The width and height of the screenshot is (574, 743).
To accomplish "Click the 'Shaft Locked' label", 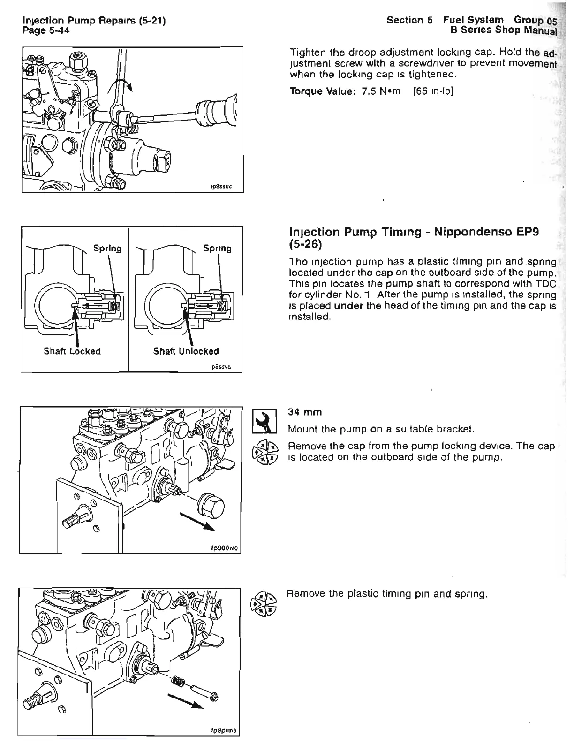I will [72, 351].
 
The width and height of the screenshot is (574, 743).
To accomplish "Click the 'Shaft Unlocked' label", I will [186, 351].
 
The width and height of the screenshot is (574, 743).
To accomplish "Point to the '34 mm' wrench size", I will [305, 412].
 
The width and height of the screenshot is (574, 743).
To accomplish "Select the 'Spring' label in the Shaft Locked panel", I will [107, 249].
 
